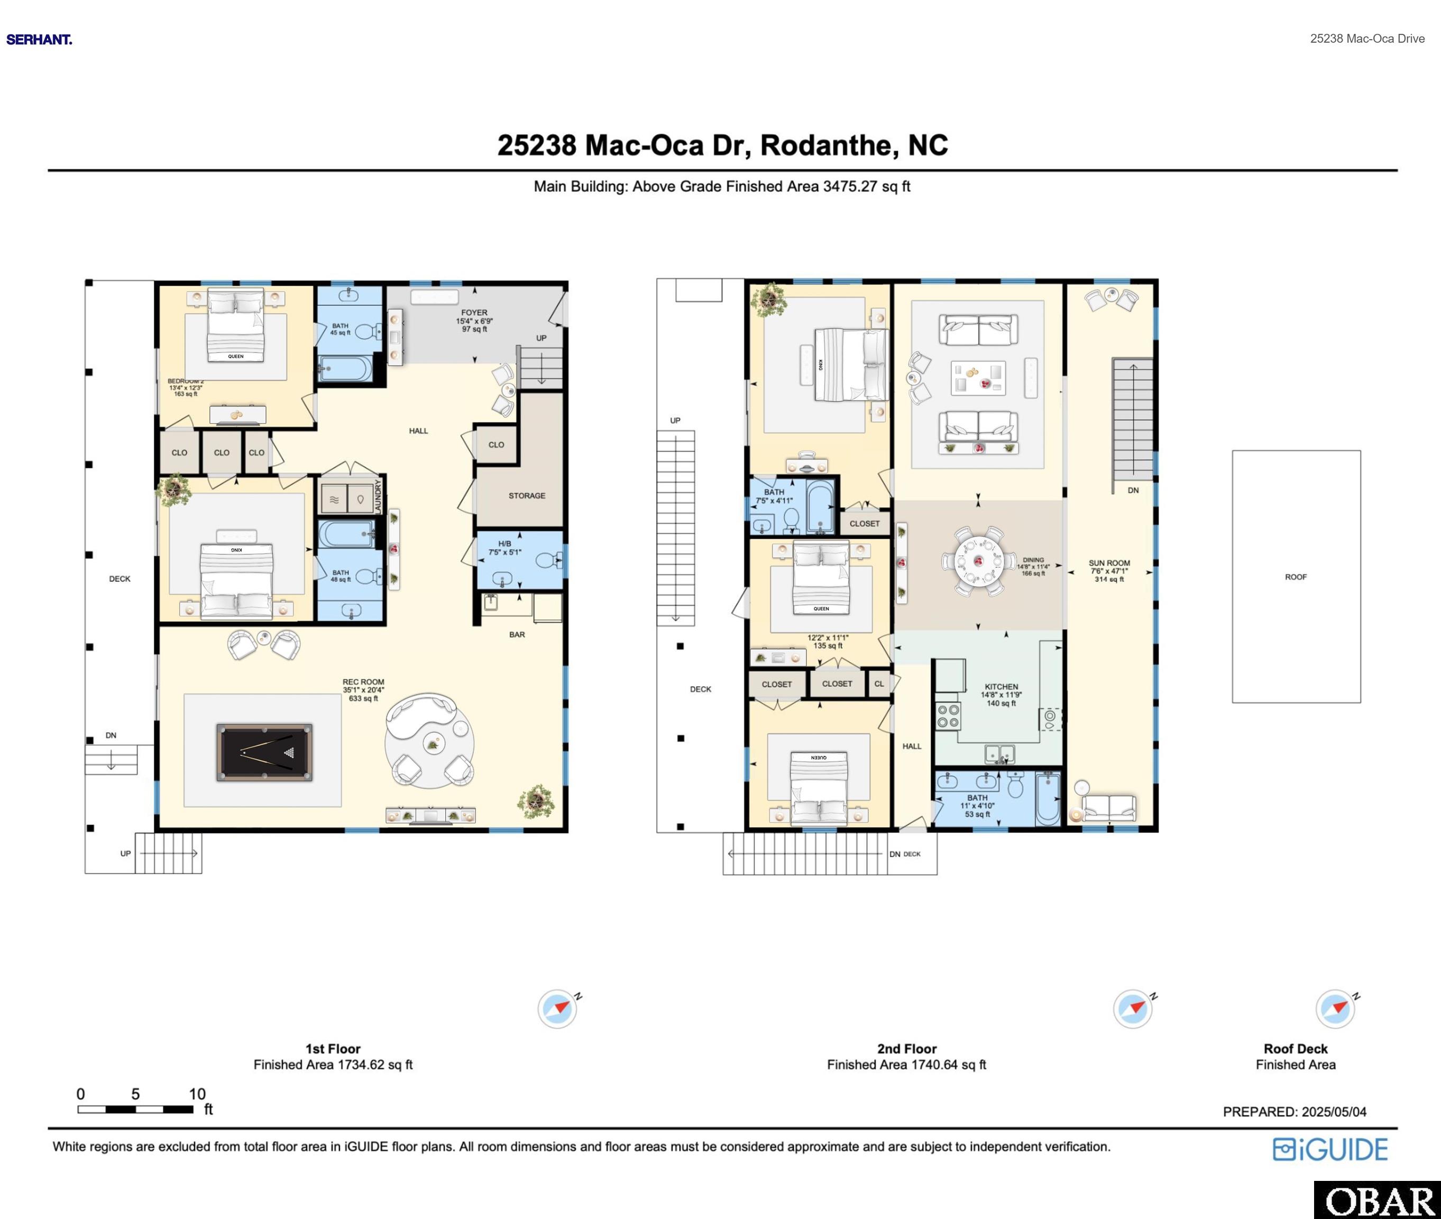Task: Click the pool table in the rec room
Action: tap(264, 752)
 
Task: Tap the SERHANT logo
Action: tap(39, 39)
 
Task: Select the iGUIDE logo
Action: tap(1330, 1149)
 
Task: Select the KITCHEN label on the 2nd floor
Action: tap(1001, 687)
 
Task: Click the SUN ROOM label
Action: tap(1109, 563)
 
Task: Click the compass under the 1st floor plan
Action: tap(557, 1009)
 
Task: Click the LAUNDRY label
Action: tap(378, 495)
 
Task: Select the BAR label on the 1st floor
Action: tap(517, 634)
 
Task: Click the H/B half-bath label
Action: tap(504, 544)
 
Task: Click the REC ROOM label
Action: tap(363, 682)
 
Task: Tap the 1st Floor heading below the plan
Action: tap(333, 1048)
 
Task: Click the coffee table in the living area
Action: tap(977, 378)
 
